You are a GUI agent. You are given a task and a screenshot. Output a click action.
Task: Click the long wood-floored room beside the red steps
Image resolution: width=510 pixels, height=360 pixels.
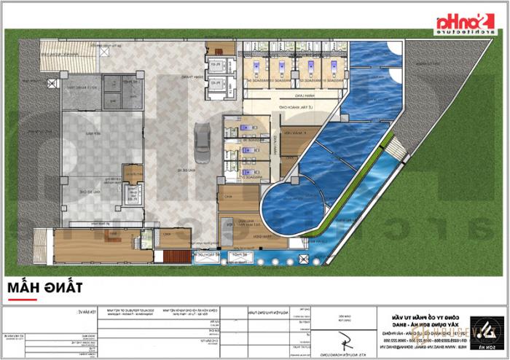pos(102,244)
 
